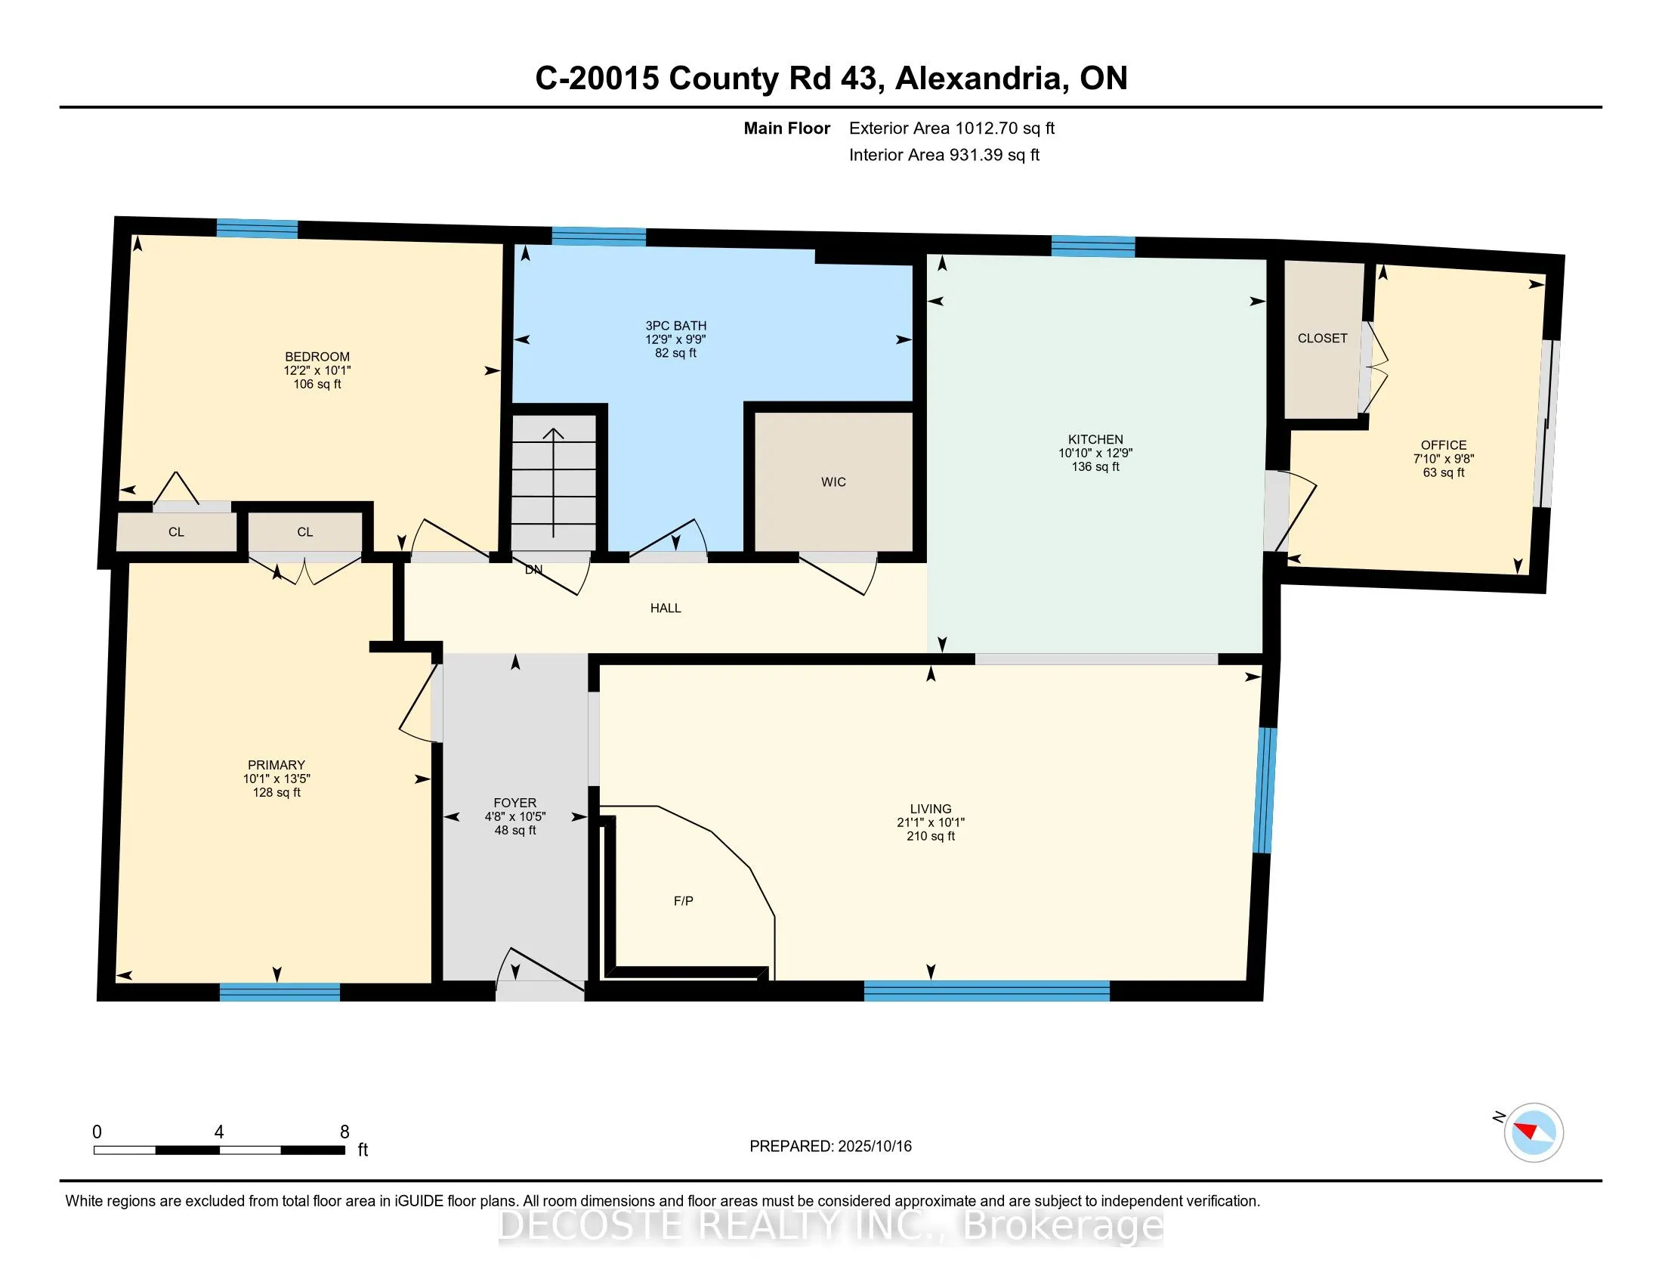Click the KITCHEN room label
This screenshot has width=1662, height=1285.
tap(1095, 439)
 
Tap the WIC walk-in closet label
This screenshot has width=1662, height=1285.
tap(833, 482)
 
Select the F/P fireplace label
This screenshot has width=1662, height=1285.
tap(684, 900)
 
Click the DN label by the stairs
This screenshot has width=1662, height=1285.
tap(533, 569)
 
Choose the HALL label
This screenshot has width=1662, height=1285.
tap(665, 608)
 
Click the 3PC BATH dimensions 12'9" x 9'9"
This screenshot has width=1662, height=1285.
tap(676, 339)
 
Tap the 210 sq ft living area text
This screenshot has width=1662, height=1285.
tap(931, 836)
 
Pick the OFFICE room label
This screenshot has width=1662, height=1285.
tap(1444, 445)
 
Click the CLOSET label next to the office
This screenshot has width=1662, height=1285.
tap(1323, 338)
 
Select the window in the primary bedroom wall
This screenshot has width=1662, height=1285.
tap(280, 992)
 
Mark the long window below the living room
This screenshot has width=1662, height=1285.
tap(987, 990)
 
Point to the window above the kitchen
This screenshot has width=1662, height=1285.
tap(1094, 246)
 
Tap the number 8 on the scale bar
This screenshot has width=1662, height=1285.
tap(344, 1132)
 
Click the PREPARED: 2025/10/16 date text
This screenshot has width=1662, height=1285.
tap(830, 1147)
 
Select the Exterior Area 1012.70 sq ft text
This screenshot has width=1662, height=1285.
tap(952, 128)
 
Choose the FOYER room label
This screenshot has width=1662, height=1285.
tap(515, 802)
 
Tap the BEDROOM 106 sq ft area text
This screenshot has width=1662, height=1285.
tap(317, 384)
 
